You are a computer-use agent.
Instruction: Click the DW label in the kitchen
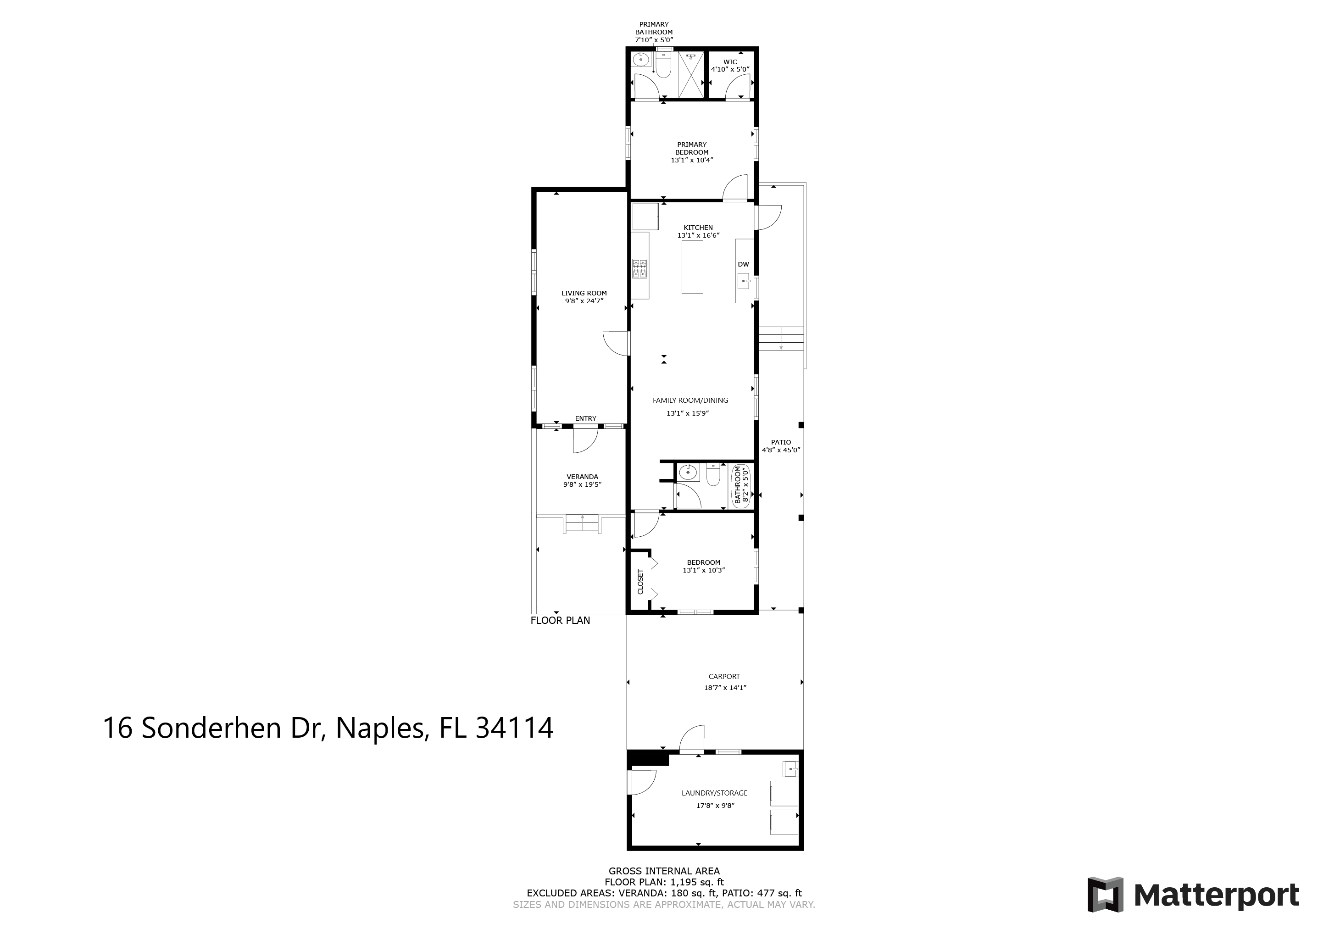[x=743, y=265]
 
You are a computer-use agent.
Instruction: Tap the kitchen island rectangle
[x=692, y=267]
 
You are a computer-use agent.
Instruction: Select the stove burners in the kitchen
[x=639, y=268]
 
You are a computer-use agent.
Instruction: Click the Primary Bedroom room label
[x=692, y=148]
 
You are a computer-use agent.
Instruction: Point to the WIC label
[x=730, y=62]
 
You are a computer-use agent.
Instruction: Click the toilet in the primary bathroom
[x=663, y=65]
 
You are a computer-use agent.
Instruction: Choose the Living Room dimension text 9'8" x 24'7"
[x=584, y=301]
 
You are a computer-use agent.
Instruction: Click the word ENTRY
[x=586, y=418]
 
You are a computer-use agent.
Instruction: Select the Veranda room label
[x=582, y=477]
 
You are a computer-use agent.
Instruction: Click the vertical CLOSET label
[x=641, y=582]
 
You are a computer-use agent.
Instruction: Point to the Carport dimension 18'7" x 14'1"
[x=725, y=688]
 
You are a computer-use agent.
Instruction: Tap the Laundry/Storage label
[x=714, y=793]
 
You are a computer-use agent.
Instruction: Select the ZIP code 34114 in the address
[x=515, y=728]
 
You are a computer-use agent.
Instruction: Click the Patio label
[x=781, y=442]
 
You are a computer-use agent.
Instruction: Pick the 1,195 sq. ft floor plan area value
[x=697, y=883]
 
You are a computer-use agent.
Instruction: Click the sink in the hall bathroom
[x=688, y=473]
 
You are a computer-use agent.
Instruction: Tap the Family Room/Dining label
[x=690, y=400]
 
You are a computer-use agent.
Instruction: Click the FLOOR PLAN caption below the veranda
[x=560, y=621]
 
